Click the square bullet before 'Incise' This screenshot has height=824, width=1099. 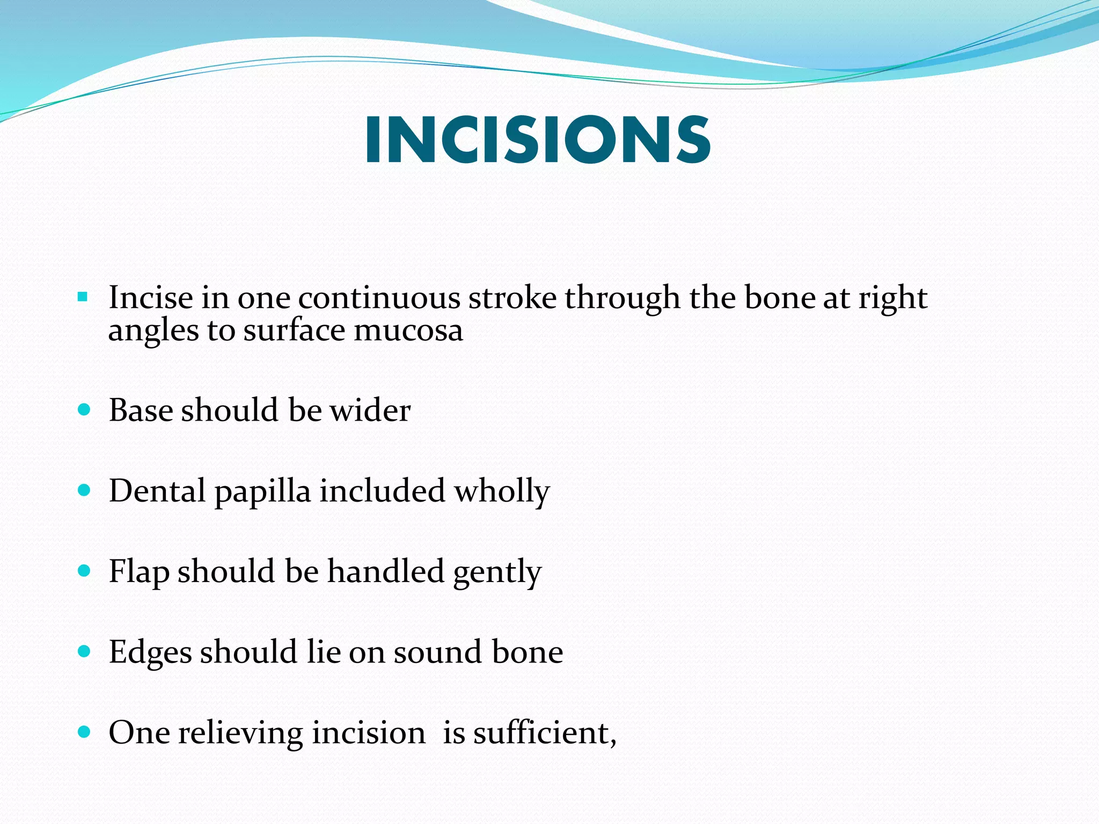(x=82, y=297)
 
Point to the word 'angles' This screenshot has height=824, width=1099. (x=153, y=331)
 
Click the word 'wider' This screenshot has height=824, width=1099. (x=370, y=410)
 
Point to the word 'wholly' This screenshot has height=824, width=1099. (x=502, y=491)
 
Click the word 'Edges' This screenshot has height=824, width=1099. (x=150, y=652)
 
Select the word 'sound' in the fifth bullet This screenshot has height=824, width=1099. (x=437, y=652)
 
